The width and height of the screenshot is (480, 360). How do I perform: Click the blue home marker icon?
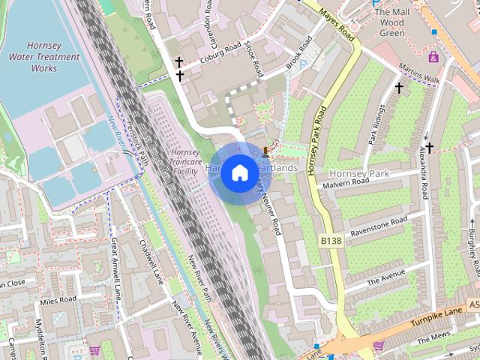click(x=239, y=173)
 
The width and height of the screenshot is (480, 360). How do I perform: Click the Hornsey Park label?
click(x=360, y=174)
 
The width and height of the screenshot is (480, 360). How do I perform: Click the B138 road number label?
click(x=330, y=241)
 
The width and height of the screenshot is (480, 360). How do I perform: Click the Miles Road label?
click(x=58, y=301)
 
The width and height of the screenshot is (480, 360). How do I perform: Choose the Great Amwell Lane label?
click(x=115, y=266)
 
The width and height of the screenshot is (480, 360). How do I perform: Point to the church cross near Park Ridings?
click(x=399, y=88)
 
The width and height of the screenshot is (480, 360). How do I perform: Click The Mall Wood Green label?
click(x=391, y=22)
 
